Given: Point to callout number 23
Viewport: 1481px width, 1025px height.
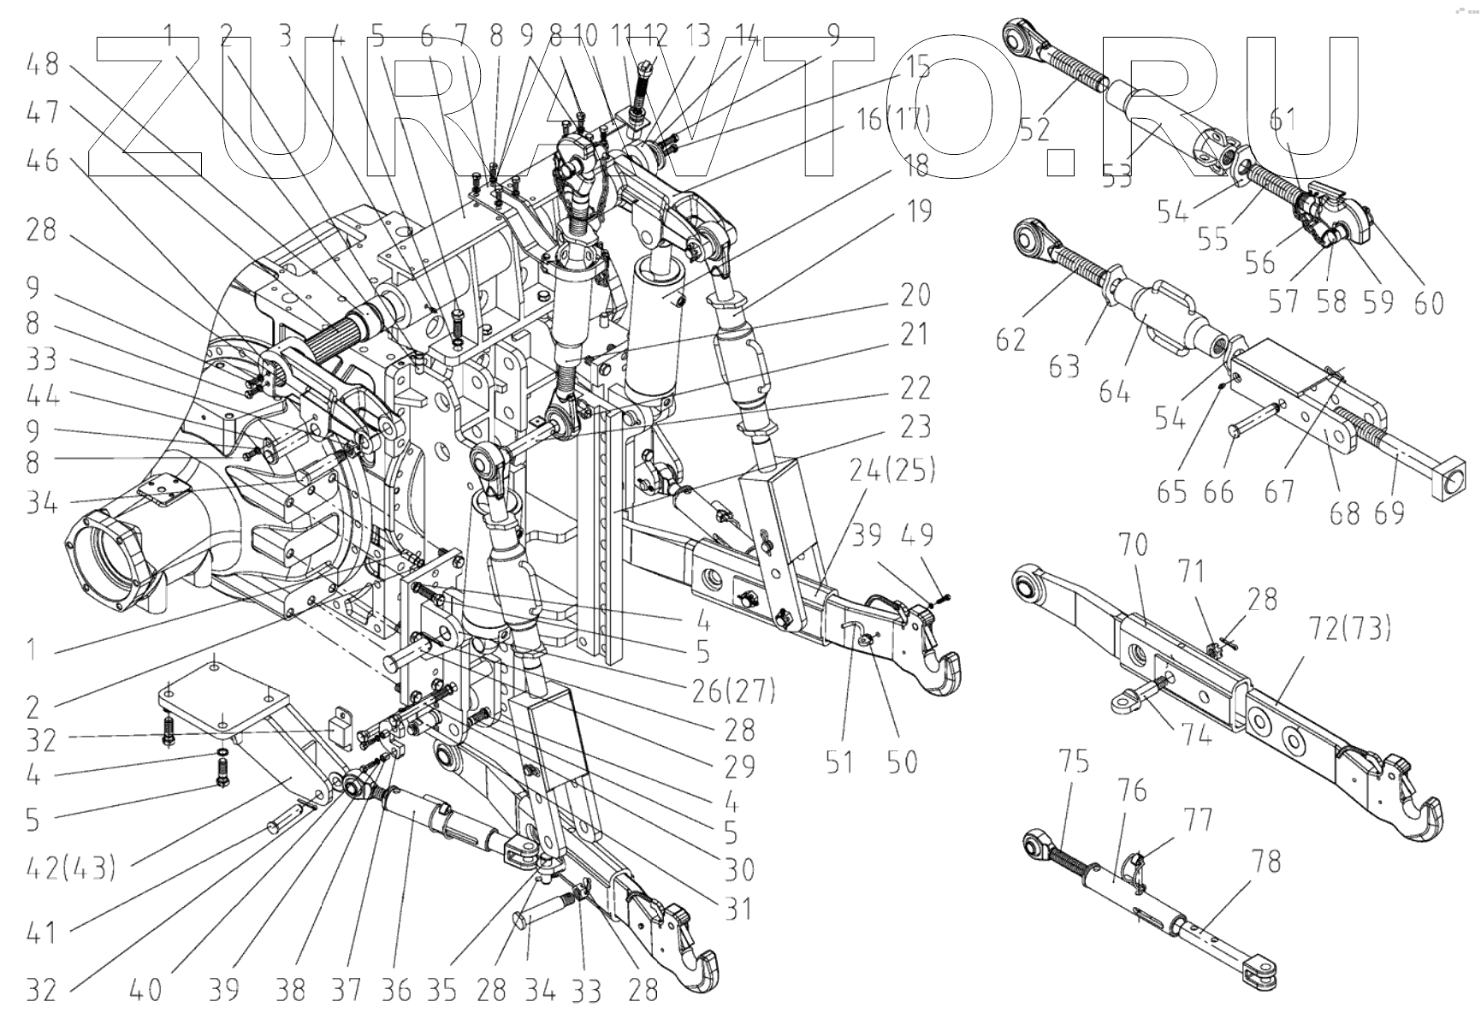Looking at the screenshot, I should (x=915, y=427).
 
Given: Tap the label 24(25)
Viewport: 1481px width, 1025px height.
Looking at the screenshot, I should (x=892, y=470).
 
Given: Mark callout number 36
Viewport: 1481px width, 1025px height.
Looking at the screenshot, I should (x=395, y=991).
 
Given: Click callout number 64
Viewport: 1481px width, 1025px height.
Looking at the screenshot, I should (x=1114, y=394).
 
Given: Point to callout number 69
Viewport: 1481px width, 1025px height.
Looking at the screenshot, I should (x=1389, y=512).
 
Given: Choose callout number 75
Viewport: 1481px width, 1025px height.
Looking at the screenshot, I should (x=1074, y=760).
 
